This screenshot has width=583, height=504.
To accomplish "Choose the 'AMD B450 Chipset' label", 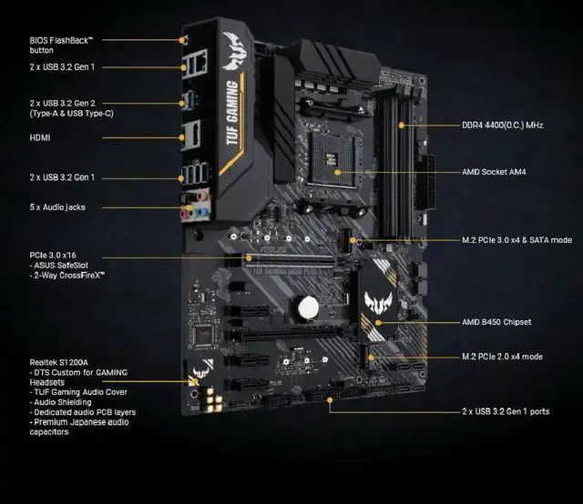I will pyautogui.click(x=496, y=322).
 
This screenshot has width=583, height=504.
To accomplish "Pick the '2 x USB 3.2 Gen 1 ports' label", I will pyautogui.click(x=506, y=411).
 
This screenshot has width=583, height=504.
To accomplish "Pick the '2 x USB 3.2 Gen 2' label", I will pyautogui.click(x=73, y=103).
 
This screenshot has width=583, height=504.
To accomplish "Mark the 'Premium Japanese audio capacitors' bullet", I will pyautogui.click(x=77, y=427).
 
